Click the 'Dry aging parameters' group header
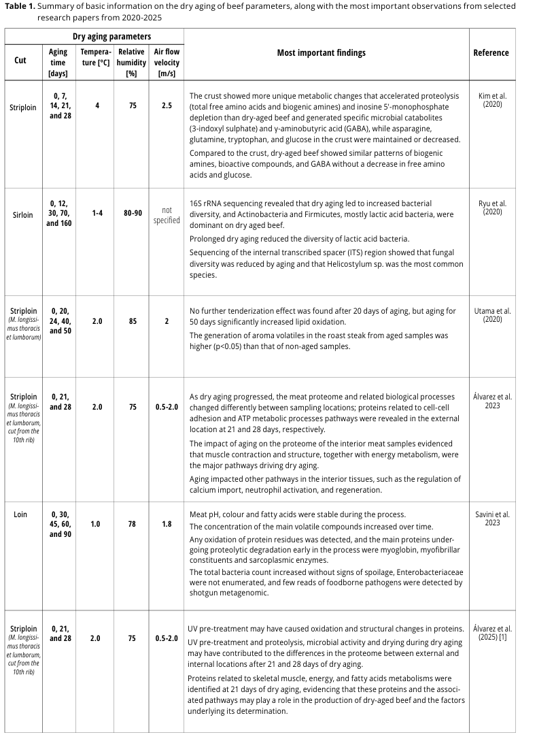112,36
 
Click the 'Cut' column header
20,60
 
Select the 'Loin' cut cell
20,514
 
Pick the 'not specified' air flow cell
167,215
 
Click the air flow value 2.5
167,105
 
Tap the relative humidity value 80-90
131,213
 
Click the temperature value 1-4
97,213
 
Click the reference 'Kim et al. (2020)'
492,101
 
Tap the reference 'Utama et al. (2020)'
492,315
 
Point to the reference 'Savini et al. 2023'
492,519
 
